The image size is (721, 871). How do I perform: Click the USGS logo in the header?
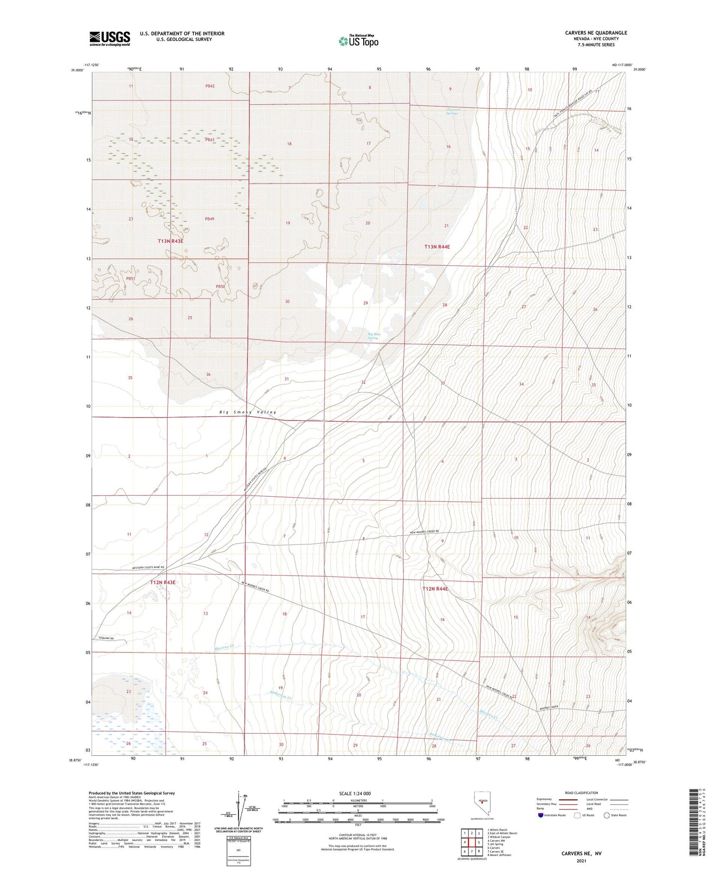[x=109, y=38]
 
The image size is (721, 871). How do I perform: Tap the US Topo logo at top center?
[x=358, y=41]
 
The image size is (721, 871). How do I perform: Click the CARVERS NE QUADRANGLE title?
[x=596, y=33]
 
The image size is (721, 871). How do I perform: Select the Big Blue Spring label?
[x=373, y=336]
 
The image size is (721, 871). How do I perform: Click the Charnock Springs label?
[x=451, y=112]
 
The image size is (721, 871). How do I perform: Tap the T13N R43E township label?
[x=171, y=241]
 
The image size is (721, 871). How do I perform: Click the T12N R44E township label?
[x=435, y=589]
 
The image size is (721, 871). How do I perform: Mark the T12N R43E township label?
[x=163, y=582]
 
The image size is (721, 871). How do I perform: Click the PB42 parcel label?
[x=210, y=86]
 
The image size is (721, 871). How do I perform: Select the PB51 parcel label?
[x=131, y=279]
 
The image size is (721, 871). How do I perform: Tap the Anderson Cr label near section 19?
[x=279, y=694]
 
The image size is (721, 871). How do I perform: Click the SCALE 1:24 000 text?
[x=355, y=794]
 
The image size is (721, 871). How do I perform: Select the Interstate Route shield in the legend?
[x=542, y=815]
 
